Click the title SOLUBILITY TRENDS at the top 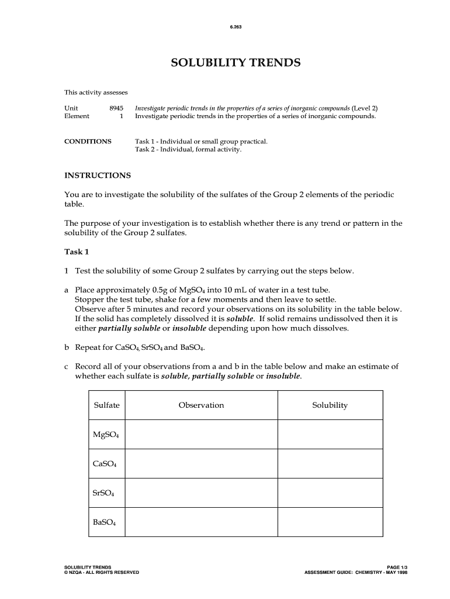[236, 63]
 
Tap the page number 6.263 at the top [235, 26]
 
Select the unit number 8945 [116, 108]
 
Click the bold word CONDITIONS [88, 142]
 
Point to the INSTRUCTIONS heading [97, 175]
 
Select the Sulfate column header [106, 405]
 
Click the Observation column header [201, 405]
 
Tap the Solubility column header [330, 405]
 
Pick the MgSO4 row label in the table [106, 435]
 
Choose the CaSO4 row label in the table [105, 464]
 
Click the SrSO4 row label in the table [104, 493]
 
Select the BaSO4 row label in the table [105, 522]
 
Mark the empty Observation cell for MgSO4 [201, 435]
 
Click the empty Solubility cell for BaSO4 [330, 522]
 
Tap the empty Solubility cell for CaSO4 [330, 464]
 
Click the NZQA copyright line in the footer [102, 572]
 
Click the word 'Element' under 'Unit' [77, 116]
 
